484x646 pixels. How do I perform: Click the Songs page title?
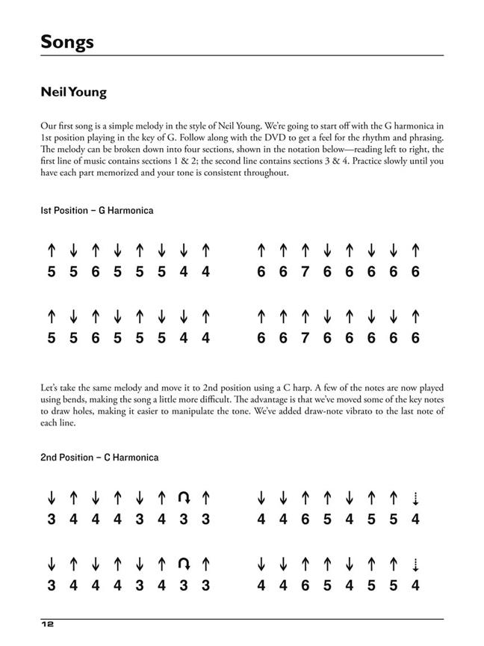[x=67, y=41]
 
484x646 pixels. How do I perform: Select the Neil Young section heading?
[x=74, y=93]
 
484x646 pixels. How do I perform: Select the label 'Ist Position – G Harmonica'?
[x=97, y=211]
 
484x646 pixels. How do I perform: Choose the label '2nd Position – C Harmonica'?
[x=99, y=458]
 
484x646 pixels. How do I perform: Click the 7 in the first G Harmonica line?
[x=305, y=272]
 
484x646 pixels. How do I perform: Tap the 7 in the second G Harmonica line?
[x=305, y=339]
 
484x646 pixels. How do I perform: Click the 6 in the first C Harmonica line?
[x=305, y=519]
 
